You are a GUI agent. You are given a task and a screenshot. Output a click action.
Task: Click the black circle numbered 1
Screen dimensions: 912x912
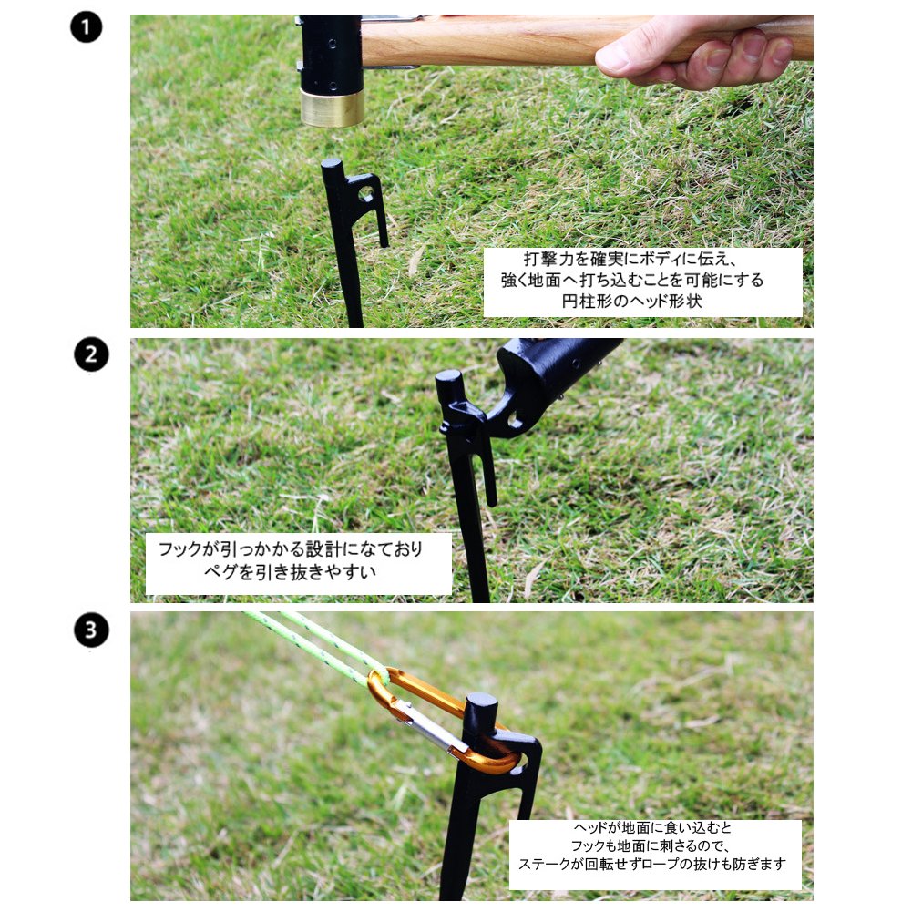pos(86,26)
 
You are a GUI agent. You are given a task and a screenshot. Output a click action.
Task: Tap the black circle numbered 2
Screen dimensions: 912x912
pos(91,354)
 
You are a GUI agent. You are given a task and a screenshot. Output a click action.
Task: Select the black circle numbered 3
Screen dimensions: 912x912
pos(91,630)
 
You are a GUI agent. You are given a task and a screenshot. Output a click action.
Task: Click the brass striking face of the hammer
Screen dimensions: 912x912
pos(333,108)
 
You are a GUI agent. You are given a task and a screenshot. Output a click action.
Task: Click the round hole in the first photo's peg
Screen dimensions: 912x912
pos(366,194)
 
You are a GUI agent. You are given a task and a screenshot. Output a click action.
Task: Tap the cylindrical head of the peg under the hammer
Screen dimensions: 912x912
pos(331,169)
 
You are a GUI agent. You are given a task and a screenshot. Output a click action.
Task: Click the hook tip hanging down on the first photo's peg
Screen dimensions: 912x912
pos(384,241)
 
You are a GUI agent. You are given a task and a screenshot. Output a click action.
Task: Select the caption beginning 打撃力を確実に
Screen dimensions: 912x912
pos(631,280)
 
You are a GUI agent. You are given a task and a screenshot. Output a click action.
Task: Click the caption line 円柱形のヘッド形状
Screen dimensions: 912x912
pos(631,302)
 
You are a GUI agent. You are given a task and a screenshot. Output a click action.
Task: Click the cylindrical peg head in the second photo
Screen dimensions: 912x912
pos(449,386)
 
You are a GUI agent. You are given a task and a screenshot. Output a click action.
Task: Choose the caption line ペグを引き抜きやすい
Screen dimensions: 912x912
pos(290,572)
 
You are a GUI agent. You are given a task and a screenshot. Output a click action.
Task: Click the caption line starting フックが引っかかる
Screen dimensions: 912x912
pos(290,548)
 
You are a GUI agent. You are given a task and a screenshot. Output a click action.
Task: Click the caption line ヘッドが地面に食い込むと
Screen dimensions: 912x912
pos(651,827)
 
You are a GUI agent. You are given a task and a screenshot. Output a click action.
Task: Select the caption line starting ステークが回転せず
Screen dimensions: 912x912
pos(651,864)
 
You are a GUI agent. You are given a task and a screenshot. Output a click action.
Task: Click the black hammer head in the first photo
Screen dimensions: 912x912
pos(331,52)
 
